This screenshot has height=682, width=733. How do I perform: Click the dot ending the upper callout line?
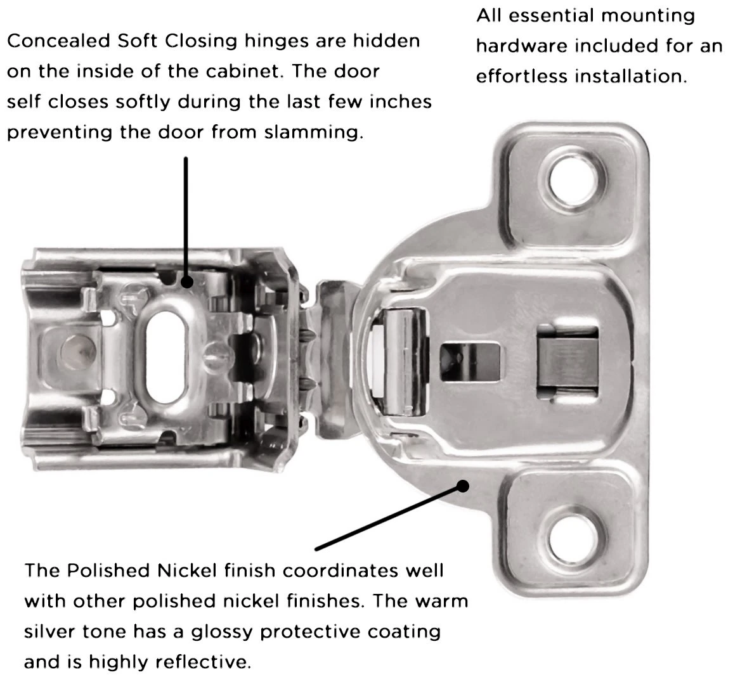(186, 281)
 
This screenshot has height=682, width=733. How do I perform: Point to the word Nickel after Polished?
(188, 570)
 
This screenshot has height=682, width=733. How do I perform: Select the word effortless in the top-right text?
(522, 77)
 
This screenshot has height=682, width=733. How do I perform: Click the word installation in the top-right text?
(632, 77)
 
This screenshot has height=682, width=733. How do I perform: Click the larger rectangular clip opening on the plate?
(567, 364)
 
